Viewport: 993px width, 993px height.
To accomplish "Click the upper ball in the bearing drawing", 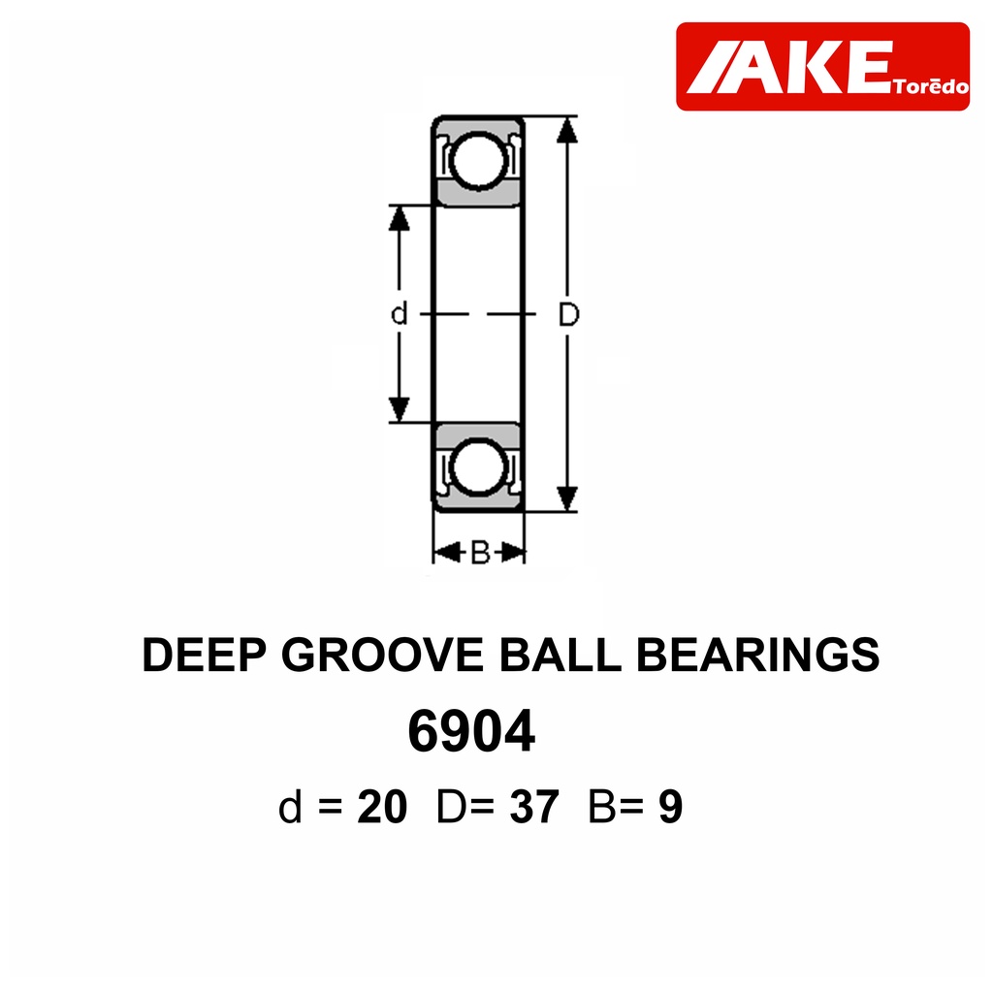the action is click(x=478, y=160).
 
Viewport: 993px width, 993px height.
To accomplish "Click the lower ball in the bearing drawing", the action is click(x=478, y=466).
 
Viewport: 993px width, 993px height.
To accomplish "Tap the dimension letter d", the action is click(x=399, y=313).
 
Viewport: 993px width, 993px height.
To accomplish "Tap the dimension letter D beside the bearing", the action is click(x=568, y=314).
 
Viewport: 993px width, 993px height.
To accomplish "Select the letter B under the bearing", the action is click(x=480, y=553).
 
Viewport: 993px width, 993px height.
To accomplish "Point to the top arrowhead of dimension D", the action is click(x=567, y=130).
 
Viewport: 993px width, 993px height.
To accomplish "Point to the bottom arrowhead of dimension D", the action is click(x=567, y=497).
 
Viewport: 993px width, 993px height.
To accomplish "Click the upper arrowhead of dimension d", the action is click(x=399, y=218).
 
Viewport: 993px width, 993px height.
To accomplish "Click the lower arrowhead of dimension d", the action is click(x=399, y=408).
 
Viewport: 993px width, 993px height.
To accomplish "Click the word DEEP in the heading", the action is click(x=204, y=655).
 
